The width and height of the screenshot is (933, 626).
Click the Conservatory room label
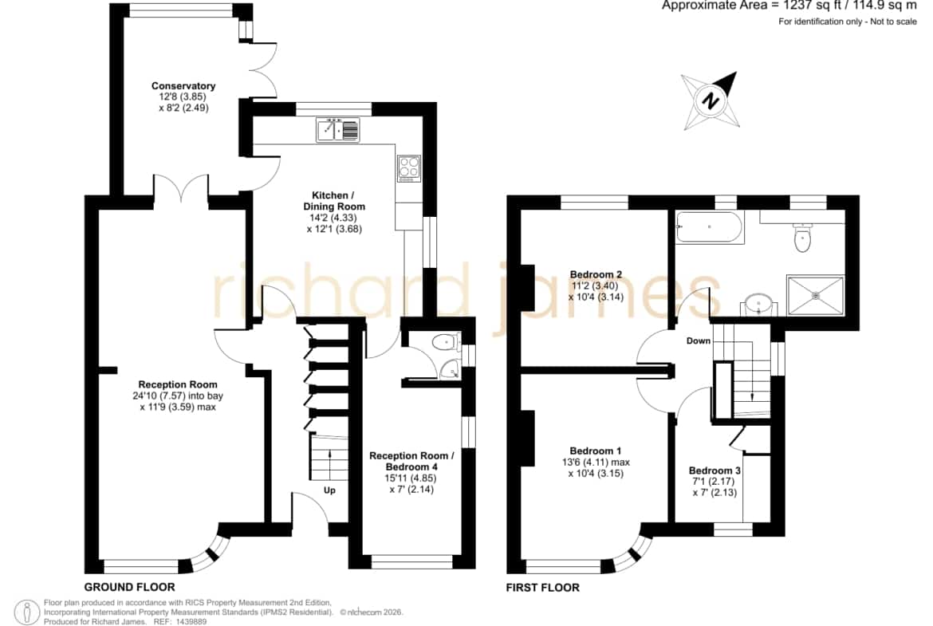coord(183,86)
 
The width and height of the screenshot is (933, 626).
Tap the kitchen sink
coord(338,130)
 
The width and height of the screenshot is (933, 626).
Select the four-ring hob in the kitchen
coord(409,168)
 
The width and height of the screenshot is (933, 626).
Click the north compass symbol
coord(711,100)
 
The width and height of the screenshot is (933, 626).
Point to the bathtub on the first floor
coord(709,227)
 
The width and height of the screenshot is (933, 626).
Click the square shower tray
coord(816,294)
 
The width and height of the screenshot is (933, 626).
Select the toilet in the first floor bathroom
coord(803,237)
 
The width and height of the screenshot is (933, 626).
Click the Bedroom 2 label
coord(596,274)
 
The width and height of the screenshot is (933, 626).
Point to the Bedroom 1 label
coord(595,451)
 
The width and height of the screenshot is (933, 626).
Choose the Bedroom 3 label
coord(715,470)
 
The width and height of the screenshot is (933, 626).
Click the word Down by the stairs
coord(699,341)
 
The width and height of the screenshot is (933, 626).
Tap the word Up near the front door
coord(329,490)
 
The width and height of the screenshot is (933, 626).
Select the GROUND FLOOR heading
coord(130,587)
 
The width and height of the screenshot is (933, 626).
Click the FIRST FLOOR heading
coord(543,588)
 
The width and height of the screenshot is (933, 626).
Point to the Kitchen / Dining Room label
coord(334,201)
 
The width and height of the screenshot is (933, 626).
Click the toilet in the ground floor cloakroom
coord(445,342)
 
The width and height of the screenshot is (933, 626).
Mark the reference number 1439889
coord(189,622)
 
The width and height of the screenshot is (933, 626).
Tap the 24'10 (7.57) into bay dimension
coord(178,396)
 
